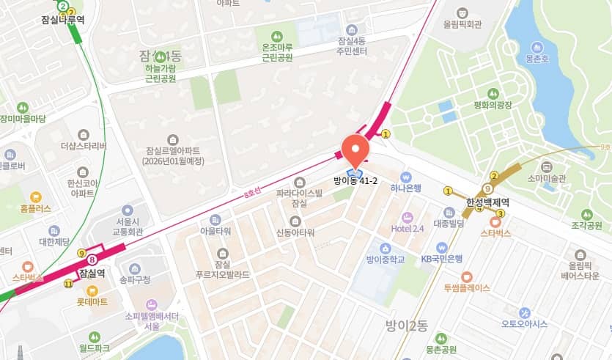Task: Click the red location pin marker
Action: tap(355, 148)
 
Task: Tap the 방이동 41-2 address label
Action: tap(355, 180)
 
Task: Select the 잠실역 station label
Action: tap(93, 271)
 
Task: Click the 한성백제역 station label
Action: tap(488, 202)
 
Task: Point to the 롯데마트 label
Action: tap(93, 301)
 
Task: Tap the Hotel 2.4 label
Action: tap(408, 228)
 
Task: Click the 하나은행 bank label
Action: tap(405, 188)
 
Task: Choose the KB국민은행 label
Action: tap(441, 259)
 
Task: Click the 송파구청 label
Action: tap(135, 279)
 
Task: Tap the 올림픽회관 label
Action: tap(462, 24)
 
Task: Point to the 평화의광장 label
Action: tap(493, 104)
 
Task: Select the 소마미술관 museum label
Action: tap(547, 177)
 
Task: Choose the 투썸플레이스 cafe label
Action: tap(466, 287)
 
